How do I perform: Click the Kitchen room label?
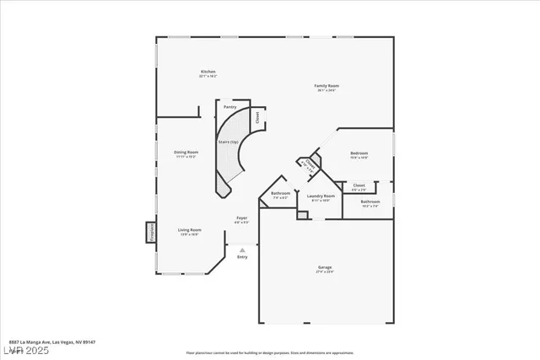pos(208,72)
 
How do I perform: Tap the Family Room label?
pos(326,86)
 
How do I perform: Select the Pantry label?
pos(229,107)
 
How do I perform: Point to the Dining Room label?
pos(186,152)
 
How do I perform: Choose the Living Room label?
pos(189,229)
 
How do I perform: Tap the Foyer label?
pos(241,218)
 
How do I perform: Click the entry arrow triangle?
pos(242,250)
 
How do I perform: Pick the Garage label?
pos(325,268)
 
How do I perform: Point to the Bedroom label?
pos(359,153)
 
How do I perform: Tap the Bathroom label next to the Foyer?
pos(281,193)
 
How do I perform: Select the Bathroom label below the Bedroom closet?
pos(370,201)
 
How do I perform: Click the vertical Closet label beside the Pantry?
pos(256,117)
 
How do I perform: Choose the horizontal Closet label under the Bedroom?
pos(359,185)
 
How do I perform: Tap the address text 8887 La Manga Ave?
pos(43,341)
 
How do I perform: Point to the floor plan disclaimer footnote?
pos(269,352)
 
